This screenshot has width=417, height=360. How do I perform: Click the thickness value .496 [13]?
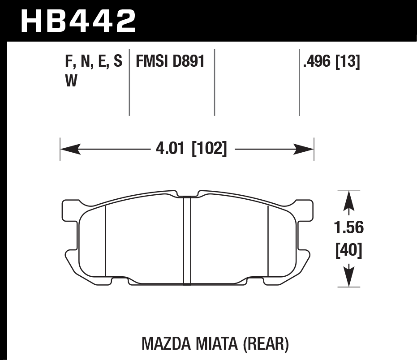tap(331, 62)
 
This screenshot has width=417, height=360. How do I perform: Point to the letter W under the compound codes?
tap(71, 81)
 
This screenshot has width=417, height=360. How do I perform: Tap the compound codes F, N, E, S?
tap(93, 61)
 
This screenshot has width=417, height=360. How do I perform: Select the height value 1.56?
tap(349, 228)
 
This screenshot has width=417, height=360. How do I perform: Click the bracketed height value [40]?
tap(349, 250)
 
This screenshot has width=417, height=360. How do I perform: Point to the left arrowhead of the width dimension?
tap(70, 149)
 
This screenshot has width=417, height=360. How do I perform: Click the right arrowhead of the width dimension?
tap(305, 149)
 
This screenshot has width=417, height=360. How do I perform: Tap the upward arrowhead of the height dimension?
tap(349, 201)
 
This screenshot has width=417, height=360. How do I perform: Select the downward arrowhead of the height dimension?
tap(349, 274)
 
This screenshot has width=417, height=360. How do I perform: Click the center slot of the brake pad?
tap(187, 240)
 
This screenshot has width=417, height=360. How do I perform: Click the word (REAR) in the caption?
tap(265, 344)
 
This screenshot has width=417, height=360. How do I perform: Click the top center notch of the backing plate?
tap(187, 194)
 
